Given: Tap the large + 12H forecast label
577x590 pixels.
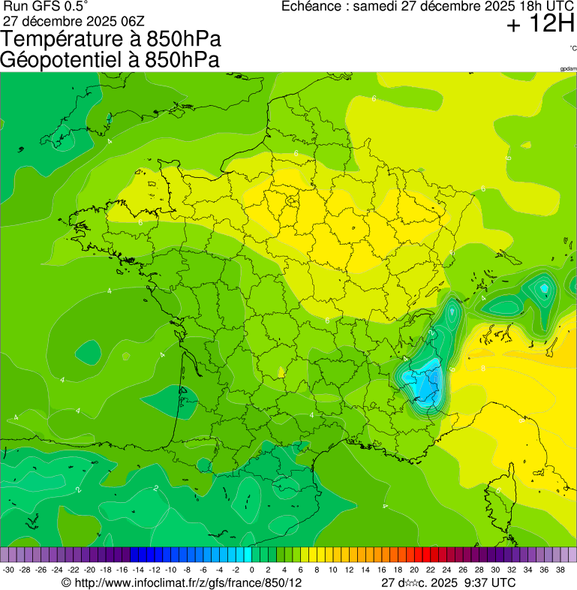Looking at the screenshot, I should coord(539,25).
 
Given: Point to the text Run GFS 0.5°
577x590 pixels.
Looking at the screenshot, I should coord(47,7).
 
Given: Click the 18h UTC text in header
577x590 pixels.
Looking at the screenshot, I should coord(530,7).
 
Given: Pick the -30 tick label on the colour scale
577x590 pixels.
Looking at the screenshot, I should coord(8,570).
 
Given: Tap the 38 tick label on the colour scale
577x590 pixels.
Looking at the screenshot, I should coord(560,570).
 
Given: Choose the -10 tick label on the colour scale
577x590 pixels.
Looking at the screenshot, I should coord(170,570).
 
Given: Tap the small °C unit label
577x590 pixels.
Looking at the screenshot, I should coord(572,49).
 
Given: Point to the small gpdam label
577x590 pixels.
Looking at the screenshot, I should coord(568,68).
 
